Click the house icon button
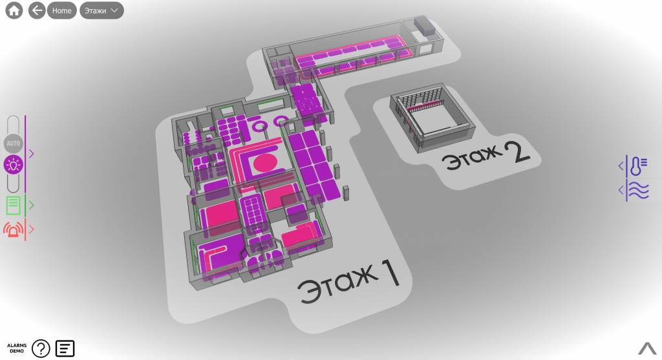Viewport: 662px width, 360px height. [x=14, y=10]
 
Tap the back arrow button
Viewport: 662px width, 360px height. [x=37, y=10]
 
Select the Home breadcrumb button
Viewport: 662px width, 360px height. [x=61, y=10]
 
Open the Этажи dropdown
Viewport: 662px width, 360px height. [x=101, y=10]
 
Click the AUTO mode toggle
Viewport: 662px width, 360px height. [x=13, y=143]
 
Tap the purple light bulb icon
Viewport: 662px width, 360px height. [x=13, y=165]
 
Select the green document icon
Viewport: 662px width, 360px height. [x=13, y=206]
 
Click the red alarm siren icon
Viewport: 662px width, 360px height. [x=14, y=229]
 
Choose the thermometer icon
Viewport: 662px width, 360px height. [x=637, y=165]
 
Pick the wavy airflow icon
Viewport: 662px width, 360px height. [x=637, y=190]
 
